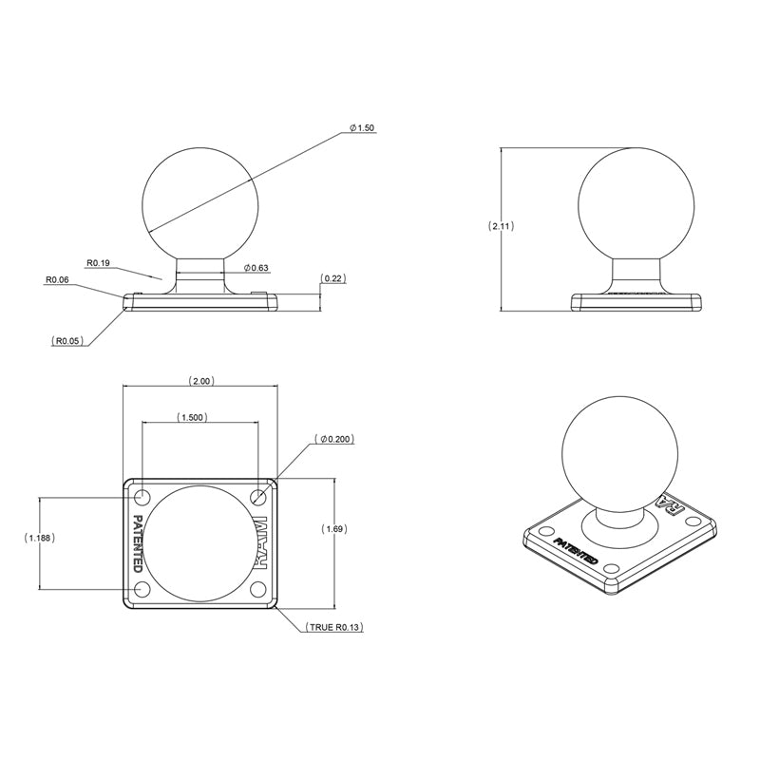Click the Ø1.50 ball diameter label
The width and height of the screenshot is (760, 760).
pyautogui.click(x=361, y=127)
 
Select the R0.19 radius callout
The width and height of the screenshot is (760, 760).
pyautogui.click(x=100, y=262)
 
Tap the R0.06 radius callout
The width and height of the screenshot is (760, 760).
pyautogui.click(x=58, y=280)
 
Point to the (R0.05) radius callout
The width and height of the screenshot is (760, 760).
pyautogui.click(x=68, y=339)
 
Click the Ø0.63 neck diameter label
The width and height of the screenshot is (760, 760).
pyautogui.click(x=256, y=268)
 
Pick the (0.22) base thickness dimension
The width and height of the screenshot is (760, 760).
pyautogui.click(x=333, y=278)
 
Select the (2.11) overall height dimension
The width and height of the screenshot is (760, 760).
pyautogui.click(x=501, y=226)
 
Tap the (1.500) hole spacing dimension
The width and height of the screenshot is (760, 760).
pyautogui.click(x=191, y=417)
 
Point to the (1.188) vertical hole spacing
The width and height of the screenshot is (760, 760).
pyautogui.click(x=39, y=538)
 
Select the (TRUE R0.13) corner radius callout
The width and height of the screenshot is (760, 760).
pyautogui.click(x=335, y=628)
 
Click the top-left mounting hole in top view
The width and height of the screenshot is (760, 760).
pyautogui.click(x=142, y=497)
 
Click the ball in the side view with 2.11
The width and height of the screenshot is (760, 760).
pyautogui.click(x=636, y=203)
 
